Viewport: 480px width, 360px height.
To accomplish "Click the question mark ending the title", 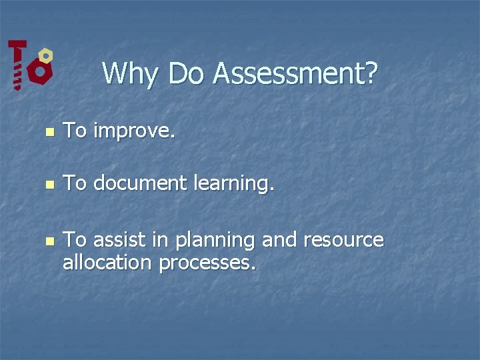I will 371,73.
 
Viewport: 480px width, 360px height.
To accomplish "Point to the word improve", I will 134,131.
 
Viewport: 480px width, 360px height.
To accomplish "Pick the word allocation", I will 107,263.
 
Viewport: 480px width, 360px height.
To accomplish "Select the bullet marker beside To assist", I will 48,241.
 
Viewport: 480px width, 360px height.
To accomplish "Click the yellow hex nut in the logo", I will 45,55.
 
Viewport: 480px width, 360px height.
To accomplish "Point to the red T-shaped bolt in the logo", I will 17,63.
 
